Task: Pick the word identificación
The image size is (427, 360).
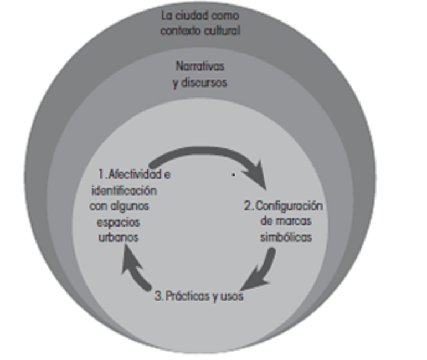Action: coord(123,191)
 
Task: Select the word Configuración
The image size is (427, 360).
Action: coord(289,206)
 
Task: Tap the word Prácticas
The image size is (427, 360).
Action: coord(188,296)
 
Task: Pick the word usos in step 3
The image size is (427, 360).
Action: coord(231,296)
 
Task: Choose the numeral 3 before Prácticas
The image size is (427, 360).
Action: coord(158,296)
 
